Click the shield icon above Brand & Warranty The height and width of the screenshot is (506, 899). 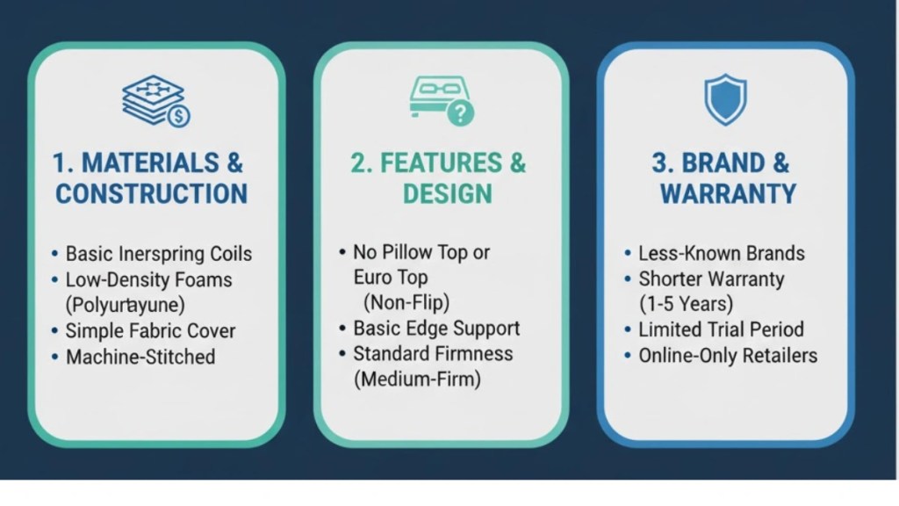point(725,99)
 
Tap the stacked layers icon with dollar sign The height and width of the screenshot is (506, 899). point(155,101)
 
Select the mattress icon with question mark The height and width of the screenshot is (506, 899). point(440,100)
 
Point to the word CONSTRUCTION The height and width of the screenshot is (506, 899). point(151,193)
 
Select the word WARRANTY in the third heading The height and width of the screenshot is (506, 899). point(728,193)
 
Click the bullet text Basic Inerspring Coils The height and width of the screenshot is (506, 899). point(158,254)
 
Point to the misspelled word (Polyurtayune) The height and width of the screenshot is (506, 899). point(128,305)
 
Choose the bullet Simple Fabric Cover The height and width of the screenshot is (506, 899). point(150,331)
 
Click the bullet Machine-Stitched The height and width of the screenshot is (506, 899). point(140,357)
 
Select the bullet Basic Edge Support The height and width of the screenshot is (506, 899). point(436,329)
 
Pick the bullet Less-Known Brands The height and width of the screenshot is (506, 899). point(721,254)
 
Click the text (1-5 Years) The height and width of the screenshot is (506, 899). point(686,305)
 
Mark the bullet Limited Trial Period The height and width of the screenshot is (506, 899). point(721,330)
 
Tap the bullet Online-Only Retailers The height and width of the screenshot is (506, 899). point(728,356)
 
